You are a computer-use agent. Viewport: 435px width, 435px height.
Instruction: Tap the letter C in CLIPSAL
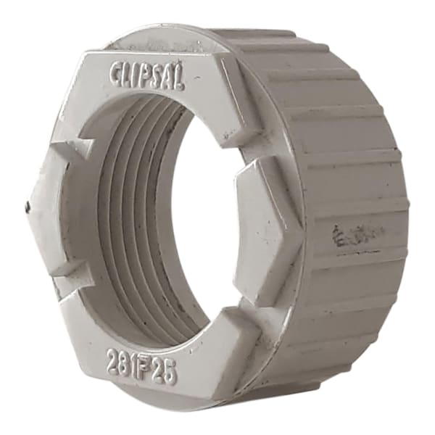coord(117,71)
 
